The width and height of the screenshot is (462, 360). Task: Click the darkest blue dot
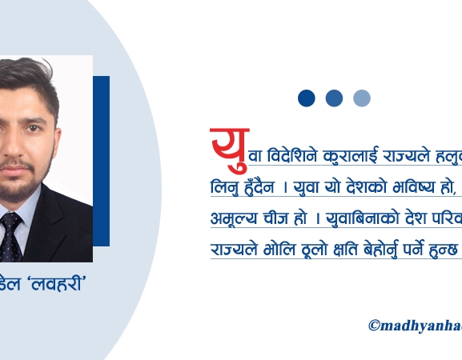307,98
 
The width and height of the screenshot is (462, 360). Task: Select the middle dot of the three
334,98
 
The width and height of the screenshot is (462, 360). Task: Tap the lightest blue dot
362,98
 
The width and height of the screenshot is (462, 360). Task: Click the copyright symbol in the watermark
374,326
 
